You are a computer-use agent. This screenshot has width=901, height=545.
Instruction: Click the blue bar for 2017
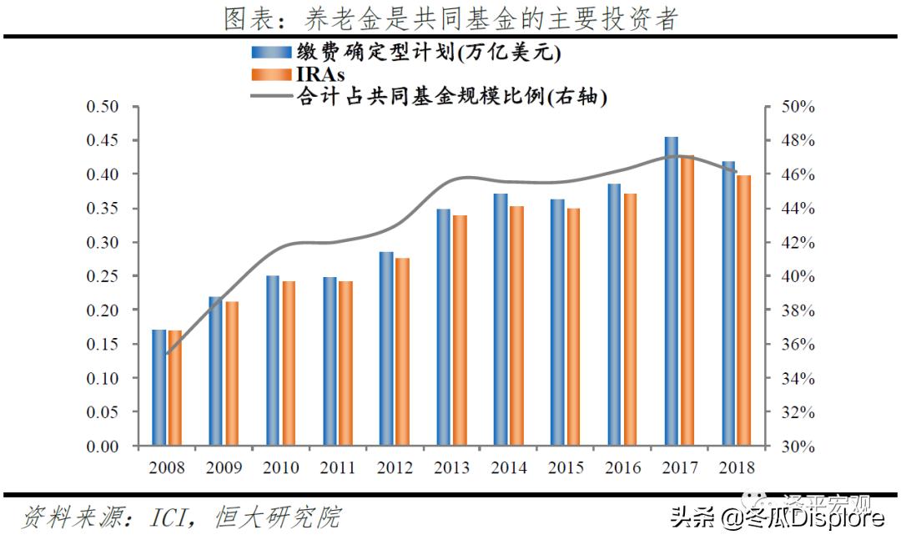672,291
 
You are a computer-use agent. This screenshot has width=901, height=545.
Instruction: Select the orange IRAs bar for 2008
175,388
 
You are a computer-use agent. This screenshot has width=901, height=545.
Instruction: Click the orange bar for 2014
517,325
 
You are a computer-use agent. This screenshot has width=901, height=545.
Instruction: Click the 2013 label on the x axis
451,468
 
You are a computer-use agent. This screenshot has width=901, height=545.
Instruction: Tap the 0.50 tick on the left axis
103,107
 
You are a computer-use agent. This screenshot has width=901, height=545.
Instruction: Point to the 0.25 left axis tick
103,276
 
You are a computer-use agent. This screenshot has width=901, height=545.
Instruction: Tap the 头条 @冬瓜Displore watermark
777,518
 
